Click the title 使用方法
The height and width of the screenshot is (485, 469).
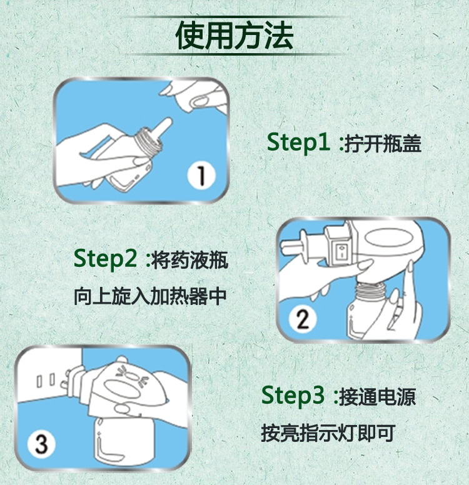click(x=234, y=36)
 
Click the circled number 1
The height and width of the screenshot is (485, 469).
click(x=201, y=175)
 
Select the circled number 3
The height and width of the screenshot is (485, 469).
click(x=41, y=444)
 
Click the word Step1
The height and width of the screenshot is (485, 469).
click(x=298, y=142)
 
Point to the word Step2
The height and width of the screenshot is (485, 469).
click(x=105, y=259)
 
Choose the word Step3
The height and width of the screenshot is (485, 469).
click(x=293, y=396)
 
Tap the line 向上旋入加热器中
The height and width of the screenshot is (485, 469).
click(x=150, y=296)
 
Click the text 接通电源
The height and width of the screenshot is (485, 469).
click(x=378, y=397)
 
